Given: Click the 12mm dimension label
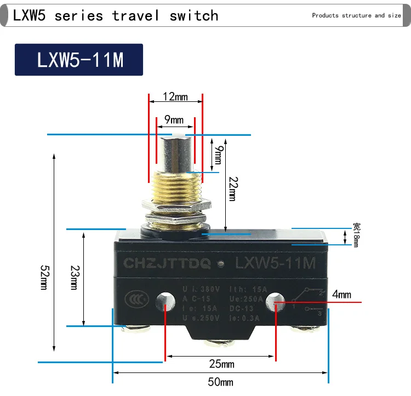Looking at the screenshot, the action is [175, 97].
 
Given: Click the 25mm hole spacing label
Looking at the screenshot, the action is [221, 364].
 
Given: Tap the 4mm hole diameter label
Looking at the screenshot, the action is [341, 295].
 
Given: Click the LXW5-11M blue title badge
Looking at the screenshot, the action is [79, 60].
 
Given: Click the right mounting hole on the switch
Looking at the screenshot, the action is [274, 301].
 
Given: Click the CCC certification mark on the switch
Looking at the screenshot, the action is [133, 299].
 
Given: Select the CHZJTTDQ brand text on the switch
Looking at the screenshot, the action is [167, 263].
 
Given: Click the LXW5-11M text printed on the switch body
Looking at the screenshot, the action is [275, 263].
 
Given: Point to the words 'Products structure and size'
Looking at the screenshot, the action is [356, 15].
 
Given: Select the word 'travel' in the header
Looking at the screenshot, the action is [135, 15].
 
